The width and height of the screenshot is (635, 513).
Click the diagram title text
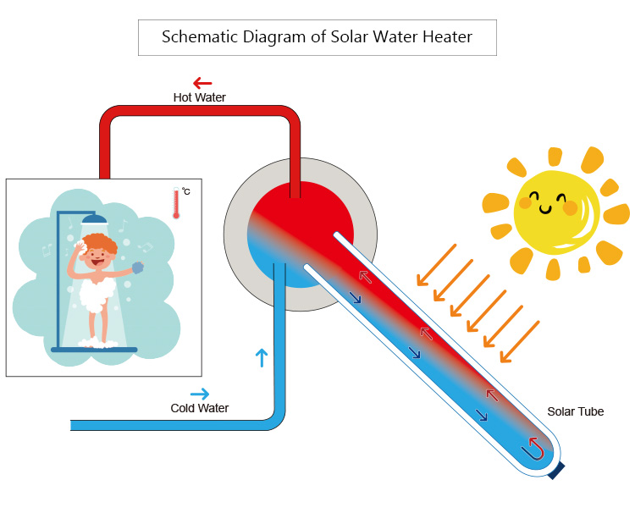click(317, 37)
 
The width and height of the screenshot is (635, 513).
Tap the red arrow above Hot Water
click(202, 82)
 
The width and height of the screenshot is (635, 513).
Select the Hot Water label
click(200, 97)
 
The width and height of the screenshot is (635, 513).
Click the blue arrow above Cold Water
click(200, 394)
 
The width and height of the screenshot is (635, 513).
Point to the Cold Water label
click(200, 408)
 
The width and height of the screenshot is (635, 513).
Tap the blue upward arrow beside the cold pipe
click(260, 356)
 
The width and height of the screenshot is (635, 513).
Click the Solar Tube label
click(575, 411)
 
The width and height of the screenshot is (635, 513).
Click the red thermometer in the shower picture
click(176, 204)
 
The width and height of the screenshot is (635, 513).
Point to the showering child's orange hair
click(101, 244)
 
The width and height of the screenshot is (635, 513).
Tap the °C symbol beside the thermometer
click(185, 192)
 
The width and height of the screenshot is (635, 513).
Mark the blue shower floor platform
click(94, 348)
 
